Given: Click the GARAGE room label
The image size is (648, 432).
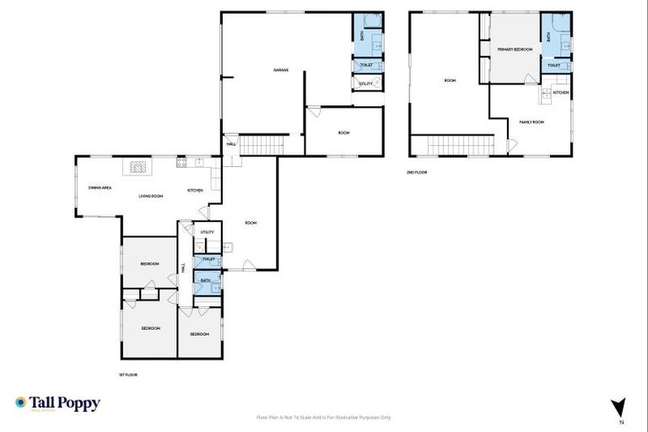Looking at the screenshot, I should click(x=281, y=70).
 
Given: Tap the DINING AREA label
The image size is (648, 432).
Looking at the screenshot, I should click(x=100, y=187).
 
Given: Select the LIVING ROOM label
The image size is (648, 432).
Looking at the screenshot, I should click(x=151, y=196).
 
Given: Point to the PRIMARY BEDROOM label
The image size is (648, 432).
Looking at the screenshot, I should click(x=515, y=50).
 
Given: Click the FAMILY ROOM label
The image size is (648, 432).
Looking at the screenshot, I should click(x=532, y=122).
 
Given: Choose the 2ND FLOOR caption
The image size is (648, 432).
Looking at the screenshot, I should click(x=417, y=172).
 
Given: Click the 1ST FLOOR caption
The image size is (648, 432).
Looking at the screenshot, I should click(x=128, y=374).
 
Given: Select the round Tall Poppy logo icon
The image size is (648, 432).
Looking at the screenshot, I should click(x=21, y=403).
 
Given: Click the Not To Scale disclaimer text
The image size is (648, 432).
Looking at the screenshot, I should click(x=323, y=417).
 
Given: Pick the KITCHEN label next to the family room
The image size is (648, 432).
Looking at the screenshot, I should click(x=561, y=93).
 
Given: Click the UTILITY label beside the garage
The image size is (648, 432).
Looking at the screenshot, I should click(x=365, y=84).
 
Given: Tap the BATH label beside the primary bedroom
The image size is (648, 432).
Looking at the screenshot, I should click(x=549, y=37).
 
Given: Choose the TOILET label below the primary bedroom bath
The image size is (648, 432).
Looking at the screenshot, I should click(x=554, y=65).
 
